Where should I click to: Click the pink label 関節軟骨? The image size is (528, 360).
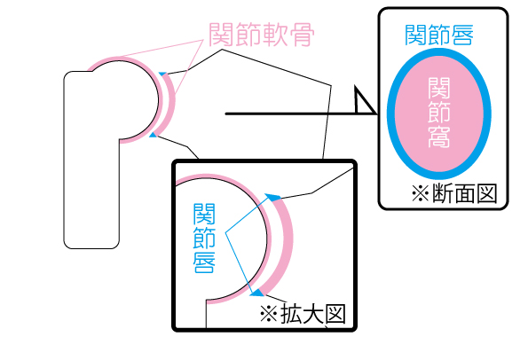pos(261,35)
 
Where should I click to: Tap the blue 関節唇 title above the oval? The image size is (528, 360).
pos(439,35)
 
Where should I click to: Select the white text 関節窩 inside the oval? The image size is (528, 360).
pos(439,113)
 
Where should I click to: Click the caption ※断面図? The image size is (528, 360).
pos(454,193)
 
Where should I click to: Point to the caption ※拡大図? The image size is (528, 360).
pos(303,314)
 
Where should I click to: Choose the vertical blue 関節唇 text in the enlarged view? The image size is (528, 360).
pos(204,238)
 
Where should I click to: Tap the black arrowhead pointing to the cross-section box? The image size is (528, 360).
pos(365,100)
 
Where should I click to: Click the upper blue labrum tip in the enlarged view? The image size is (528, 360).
pos(272,197)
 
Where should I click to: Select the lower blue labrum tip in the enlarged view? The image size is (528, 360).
pos(257,293)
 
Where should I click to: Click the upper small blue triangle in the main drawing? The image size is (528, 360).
pos(163,74)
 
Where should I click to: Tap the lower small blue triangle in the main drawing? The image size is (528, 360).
pos(154,135)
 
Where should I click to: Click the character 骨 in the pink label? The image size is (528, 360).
pos(303,35)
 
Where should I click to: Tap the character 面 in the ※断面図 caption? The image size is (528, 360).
pos(465,193)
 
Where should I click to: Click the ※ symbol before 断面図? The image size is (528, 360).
pos(421,194)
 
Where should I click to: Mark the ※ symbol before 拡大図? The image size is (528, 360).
pos(269,314)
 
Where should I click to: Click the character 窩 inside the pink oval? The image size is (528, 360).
pos(439,137)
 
